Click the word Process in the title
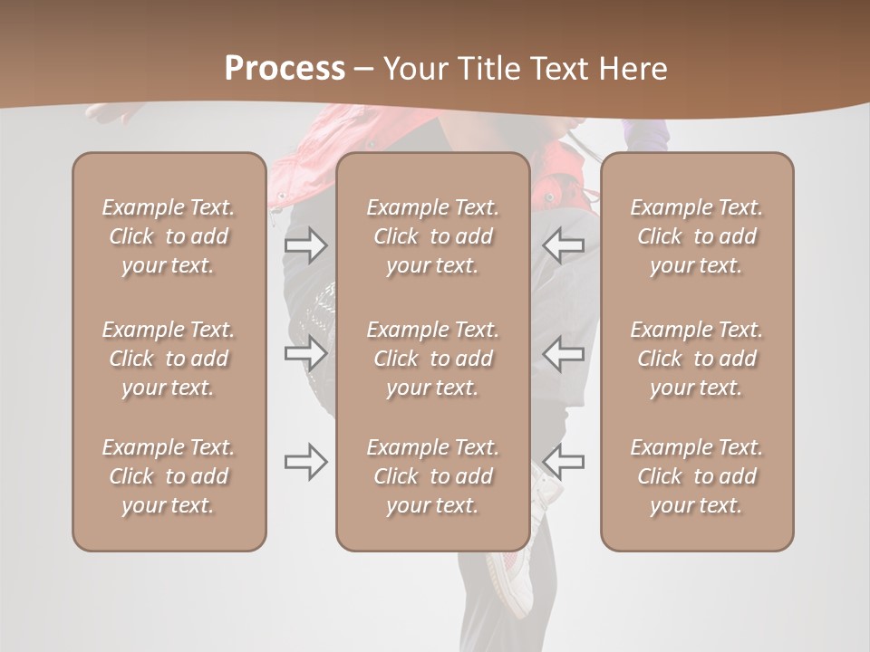pos(285,69)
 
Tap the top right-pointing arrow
pos(305,245)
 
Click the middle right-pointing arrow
pos(305,353)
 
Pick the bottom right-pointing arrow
pos(305,462)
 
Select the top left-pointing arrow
pos(564,245)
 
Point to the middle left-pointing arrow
pos(564,353)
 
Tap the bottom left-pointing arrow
pos(564,462)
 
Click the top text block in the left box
pos(169,236)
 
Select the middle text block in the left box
pos(169,359)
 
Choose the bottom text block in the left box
pos(169,476)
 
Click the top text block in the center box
pos(432,236)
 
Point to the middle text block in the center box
pos(432,359)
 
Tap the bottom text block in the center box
pos(432,476)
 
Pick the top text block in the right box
pos(696,236)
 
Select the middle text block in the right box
pos(696,359)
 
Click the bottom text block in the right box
pos(696,476)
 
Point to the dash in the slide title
pos(364,70)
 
